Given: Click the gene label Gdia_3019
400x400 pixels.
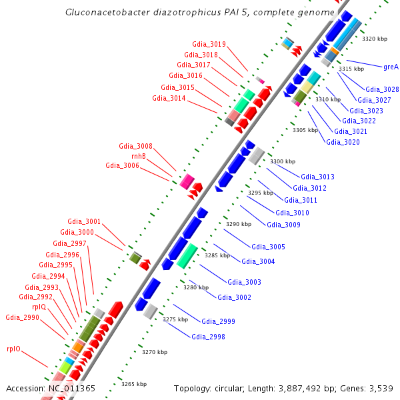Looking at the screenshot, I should [209, 45].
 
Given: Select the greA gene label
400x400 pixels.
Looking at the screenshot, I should [391, 67].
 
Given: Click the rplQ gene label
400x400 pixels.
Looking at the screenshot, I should [39, 307].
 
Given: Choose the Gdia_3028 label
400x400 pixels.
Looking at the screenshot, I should [383, 89].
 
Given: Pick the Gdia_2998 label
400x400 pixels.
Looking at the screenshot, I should [209, 337].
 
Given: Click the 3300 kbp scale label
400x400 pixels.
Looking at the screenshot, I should [283, 162].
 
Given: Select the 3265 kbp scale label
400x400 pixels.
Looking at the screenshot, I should [133, 384].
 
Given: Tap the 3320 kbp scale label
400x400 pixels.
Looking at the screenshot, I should [374, 39].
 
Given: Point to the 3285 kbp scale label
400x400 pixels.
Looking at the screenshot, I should [217, 255].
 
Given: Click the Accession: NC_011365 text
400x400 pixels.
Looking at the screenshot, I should [51, 388].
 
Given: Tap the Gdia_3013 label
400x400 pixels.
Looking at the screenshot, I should [318, 177].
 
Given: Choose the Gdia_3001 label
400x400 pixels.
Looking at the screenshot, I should [85, 221].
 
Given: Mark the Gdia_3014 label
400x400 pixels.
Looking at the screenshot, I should [169, 98].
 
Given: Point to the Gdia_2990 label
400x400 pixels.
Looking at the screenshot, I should [23, 317].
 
